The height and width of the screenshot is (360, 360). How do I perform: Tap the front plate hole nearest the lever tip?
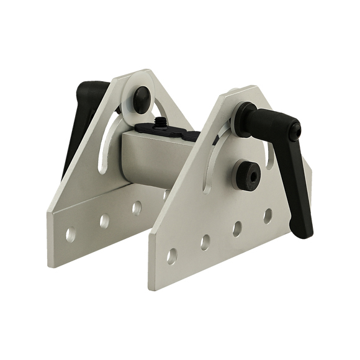pos(268,214)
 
